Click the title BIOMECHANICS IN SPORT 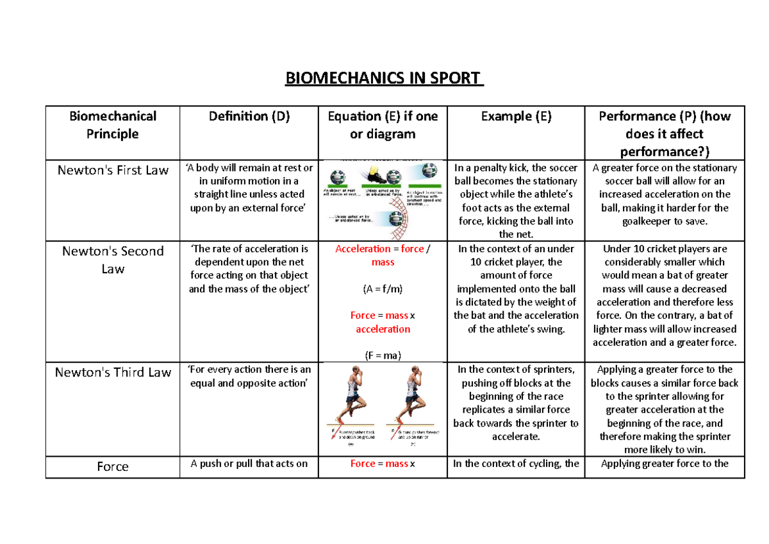[x=383, y=79]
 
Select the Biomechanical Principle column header [x=112, y=124]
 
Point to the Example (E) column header [x=515, y=116]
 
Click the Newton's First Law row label [x=113, y=170]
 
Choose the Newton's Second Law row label [x=113, y=259]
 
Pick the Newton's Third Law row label [x=113, y=373]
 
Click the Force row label [x=113, y=466]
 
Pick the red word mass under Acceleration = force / [x=383, y=262]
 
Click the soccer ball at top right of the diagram [x=430, y=171]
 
